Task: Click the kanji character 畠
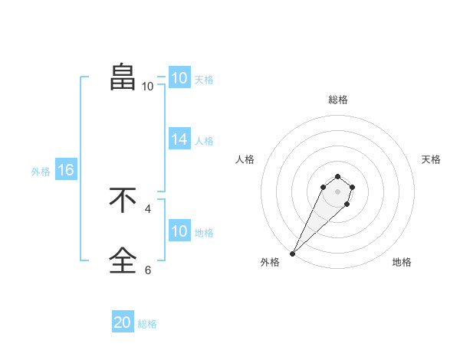click(x=123, y=77)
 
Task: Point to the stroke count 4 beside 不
click(x=148, y=208)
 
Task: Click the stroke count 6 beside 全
click(x=148, y=270)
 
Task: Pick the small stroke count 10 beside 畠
click(x=147, y=87)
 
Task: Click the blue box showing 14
click(x=179, y=139)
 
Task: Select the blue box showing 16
click(x=66, y=170)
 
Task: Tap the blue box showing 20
click(x=123, y=322)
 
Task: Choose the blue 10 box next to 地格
click(x=179, y=231)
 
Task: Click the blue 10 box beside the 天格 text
click(x=179, y=78)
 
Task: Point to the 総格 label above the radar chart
click(x=338, y=100)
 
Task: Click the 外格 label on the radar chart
click(x=270, y=262)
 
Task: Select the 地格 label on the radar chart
click(x=402, y=262)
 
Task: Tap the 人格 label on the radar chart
click(x=245, y=159)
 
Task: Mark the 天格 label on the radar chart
click(x=431, y=159)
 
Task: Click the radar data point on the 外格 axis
click(x=293, y=253)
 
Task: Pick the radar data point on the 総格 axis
click(x=338, y=175)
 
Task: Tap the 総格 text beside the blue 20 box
click(x=147, y=324)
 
